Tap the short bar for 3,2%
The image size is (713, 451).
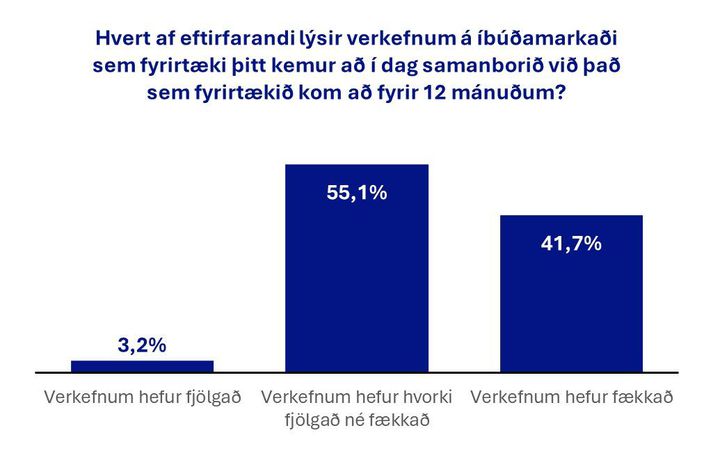tap(142, 365)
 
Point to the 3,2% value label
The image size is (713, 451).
tap(142, 346)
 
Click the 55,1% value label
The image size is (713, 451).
tap(356, 193)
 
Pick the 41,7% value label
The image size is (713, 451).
tap(570, 243)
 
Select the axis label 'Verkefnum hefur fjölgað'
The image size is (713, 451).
tap(142, 397)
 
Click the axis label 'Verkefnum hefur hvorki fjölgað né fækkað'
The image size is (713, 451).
tap(356, 408)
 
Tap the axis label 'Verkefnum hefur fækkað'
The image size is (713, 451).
tap(570, 397)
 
